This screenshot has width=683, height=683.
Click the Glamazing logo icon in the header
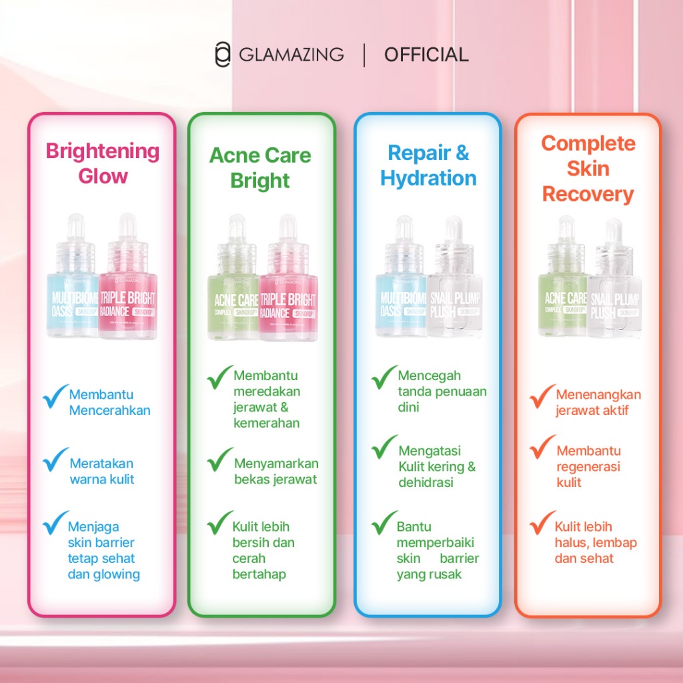(222, 55)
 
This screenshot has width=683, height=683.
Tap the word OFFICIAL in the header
(426, 55)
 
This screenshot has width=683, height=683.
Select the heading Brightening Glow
(103, 163)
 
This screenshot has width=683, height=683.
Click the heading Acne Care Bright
(260, 167)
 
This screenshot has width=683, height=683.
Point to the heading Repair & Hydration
(428, 165)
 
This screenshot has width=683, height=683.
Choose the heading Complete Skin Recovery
(588, 168)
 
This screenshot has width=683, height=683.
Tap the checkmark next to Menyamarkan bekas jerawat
(220, 460)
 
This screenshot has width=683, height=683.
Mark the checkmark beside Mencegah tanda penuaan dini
(385, 377)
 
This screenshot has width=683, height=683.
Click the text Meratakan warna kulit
(102, 471)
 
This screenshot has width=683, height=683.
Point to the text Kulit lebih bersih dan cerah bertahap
(263, 550)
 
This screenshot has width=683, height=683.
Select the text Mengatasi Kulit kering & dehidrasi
(437, 466)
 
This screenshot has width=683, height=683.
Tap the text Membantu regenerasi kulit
(588, 466)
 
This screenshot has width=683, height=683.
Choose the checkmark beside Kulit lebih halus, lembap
(542, 524)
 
